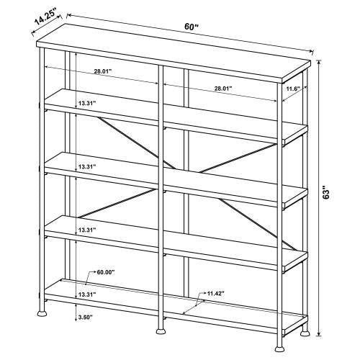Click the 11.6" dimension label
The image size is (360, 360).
[x=292, y=89]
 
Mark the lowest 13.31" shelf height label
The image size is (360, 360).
[x=86, y=295]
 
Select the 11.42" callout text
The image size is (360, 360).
[x=214, y=293]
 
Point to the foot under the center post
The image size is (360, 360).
[x=160, y=332]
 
